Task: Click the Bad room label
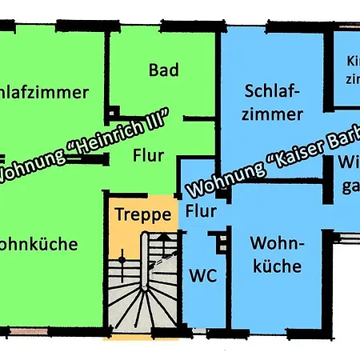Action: (164, 70)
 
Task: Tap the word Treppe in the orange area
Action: (142, 214)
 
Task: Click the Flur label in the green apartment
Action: (150, 154)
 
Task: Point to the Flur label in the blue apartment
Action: (201, 212)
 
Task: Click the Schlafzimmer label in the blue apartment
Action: (274, 102)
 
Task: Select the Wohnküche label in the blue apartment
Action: (276, 254)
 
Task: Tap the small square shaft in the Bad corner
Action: (114, 113)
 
